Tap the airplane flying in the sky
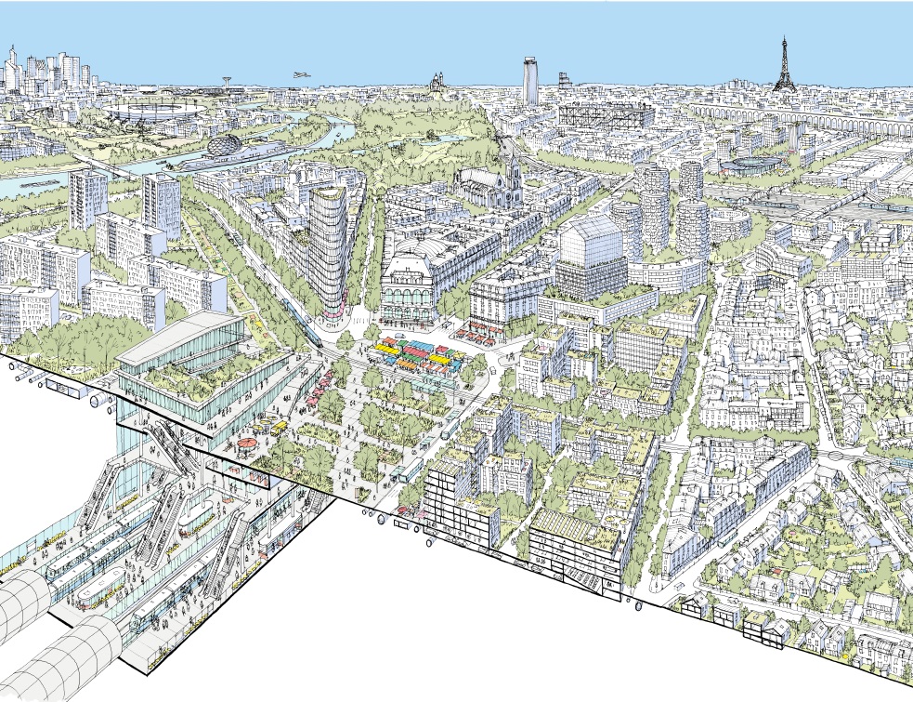pyautogui.click(x=298, y=74)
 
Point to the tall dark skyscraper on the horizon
pyautogui.click(x=530, y=81)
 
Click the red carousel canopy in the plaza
pyautogui.click(x=247, y=444)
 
